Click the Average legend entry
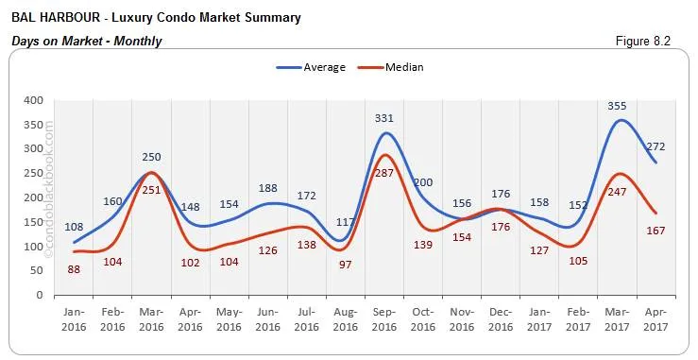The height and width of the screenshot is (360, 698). click(x=311, y=67)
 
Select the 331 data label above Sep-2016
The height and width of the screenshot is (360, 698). click(x=383, y=118)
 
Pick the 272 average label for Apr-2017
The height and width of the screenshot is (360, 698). click(x=655, y=147)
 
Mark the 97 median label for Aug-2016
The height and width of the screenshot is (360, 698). click(x=345, y=264)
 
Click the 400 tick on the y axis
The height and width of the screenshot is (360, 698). click(x=33, y=100)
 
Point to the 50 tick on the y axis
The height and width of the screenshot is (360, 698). click(x=36, y=270)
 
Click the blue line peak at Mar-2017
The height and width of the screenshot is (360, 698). click(x=619, y=121)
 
